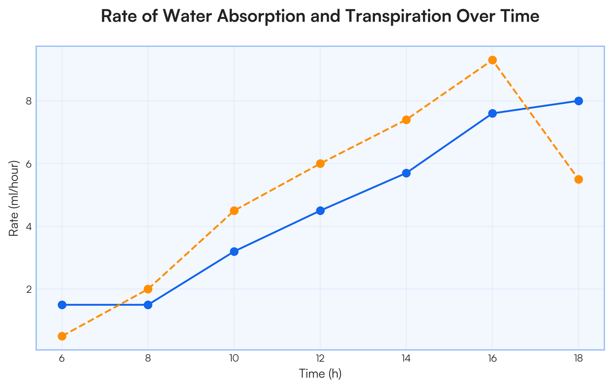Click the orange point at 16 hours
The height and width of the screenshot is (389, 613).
pos(492,60)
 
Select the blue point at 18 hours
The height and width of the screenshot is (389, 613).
pos(579,101)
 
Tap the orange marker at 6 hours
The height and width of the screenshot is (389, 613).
pos(62,336)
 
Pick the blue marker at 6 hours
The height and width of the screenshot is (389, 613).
pos(62,305)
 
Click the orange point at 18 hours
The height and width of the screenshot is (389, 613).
pos(579,179)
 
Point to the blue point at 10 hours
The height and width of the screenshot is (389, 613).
pos(234,251)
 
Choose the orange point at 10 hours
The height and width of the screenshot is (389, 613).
pos(234,211)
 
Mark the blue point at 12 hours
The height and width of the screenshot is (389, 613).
pos(320,211)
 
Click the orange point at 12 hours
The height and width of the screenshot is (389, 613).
pos(320,164)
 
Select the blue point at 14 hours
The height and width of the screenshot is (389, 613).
pos(407,173)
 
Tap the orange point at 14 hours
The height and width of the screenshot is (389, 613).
pos(407,120)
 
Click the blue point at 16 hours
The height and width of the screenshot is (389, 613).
pos(492,113)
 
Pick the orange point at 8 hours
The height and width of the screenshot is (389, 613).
pos(148,289)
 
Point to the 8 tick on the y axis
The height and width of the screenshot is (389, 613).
pos(29,101)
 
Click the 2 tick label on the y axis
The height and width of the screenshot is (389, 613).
pos(29,289)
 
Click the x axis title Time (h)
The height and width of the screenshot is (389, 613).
pos(320,374)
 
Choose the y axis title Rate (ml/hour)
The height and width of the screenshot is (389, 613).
pos(15,198)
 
